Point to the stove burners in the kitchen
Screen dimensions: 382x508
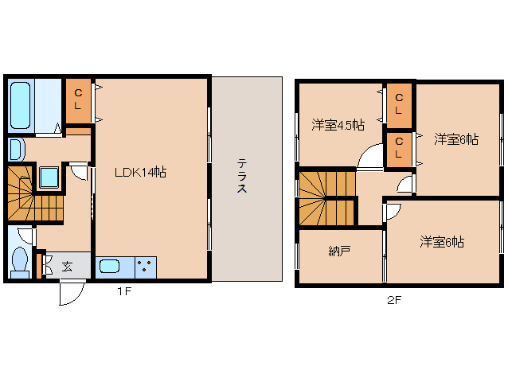(x=146, y=267)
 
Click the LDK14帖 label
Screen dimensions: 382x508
(x=139, y=171)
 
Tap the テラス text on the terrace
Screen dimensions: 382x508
(x=241, y=176)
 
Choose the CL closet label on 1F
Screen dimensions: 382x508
(x=78, y=99)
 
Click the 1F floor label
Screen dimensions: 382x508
(x=123, y=291)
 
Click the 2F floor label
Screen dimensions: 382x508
(x=394, y=299)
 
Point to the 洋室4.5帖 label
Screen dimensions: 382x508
(x=338, y=125)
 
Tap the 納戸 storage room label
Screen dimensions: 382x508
(x=339, y=251)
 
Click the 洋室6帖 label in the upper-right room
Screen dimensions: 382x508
(x=456, y=139)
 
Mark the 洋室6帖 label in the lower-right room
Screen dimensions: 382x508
(x=442, y=242)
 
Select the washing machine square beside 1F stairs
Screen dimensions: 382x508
(x=48, y=175)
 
